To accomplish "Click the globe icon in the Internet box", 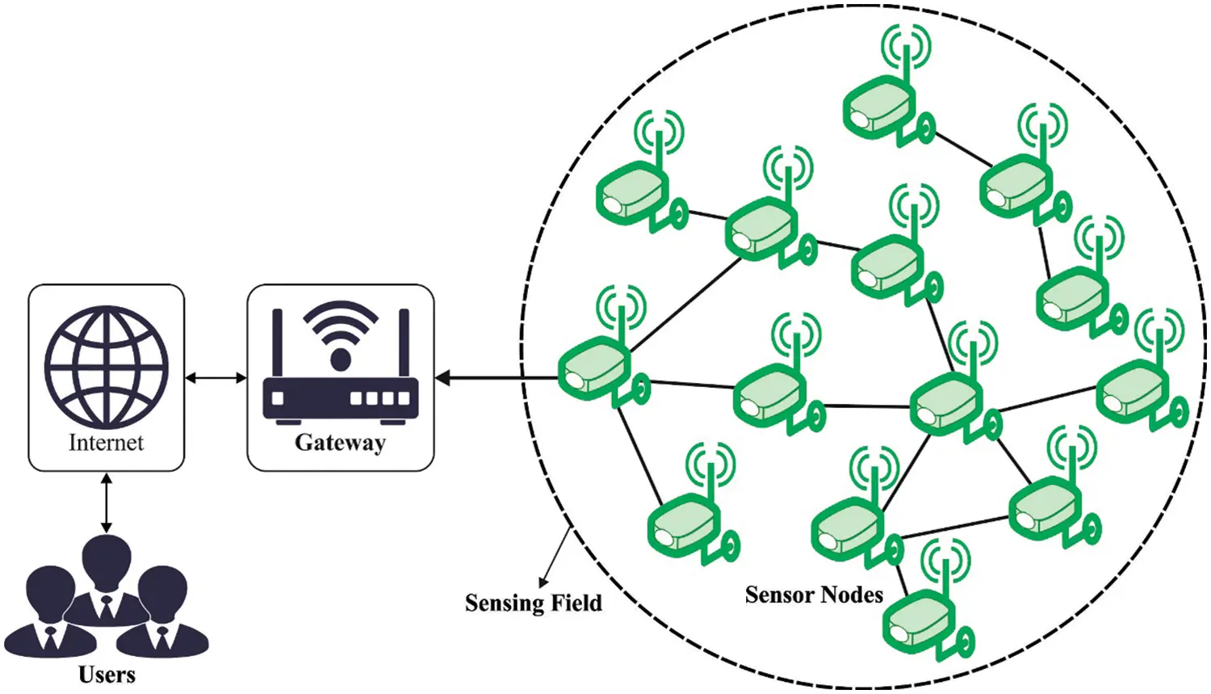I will tap(107, 366).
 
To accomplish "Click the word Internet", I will tap(106, 443).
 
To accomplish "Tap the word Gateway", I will tap(340, 443).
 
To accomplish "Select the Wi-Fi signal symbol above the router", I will tap(340, 327).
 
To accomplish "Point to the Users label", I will tap(107, 675).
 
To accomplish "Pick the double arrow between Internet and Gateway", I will tap(216, 378).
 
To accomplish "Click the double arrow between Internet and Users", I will tap(107, 503).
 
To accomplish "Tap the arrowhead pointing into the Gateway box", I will tap(443, 377).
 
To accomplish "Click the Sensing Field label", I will tap(533, 603).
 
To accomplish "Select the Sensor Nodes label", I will tap(814, 595).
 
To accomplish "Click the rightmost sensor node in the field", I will tap(1138, 388).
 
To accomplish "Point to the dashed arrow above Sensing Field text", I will tap(557, 557).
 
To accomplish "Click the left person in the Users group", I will tap(50, 614).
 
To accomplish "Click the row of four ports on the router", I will tap(379, 398).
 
